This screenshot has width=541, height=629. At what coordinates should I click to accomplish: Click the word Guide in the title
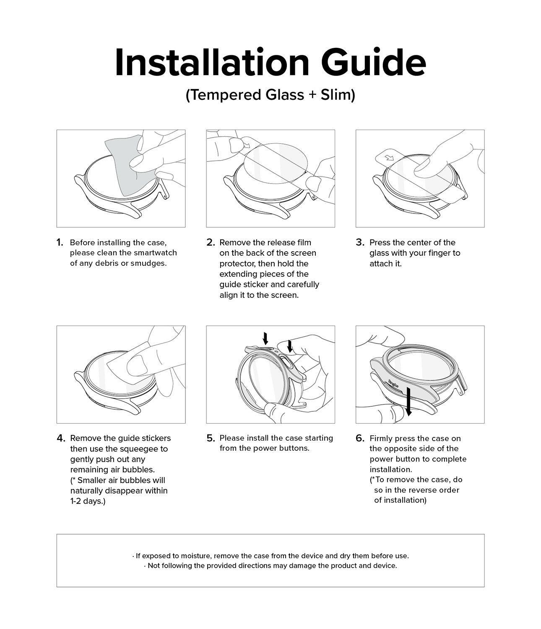pyautogui.click(x=373, y=63)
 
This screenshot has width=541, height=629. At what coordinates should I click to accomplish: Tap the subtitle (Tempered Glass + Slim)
pyautogui.click(x=270, y=95)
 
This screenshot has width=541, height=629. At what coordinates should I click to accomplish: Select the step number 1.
pyautogui.click(x=60, y=242)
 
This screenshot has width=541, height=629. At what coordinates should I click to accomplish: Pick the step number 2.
pyautogui.click(x=211, y=242)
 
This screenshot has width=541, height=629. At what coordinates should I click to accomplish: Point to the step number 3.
pyautogui.click(x=359, y=242)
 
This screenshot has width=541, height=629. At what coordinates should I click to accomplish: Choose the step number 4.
pyautogui.click(x=61, y=438)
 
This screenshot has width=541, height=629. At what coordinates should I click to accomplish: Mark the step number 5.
pyautogui.click(x=211, y=438)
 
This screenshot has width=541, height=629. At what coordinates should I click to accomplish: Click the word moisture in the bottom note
pyautogui.click(x=197, y=556)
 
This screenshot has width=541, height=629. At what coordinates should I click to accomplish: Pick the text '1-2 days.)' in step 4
pyautogui.click(x=88, y=501)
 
